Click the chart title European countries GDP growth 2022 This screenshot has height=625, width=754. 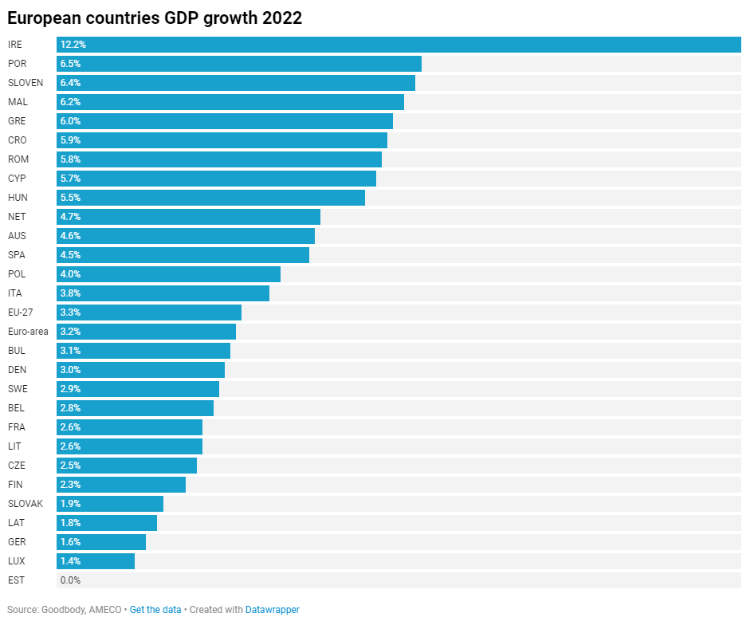(x=155, y=18)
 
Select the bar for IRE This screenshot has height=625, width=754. (x=399, y=45)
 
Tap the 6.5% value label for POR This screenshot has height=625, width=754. (x=70, y=64)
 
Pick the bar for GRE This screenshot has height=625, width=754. (x=225, y=121)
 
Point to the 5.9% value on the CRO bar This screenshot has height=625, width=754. (x=70, y=140)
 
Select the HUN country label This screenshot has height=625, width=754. (x=18, y=198)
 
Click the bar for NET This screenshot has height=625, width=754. (x=188, y=217)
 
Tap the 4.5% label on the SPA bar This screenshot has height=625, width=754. (x=70, y=255)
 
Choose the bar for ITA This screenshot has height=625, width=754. (x=163, y=293)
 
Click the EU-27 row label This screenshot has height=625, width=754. (x=20, y=312)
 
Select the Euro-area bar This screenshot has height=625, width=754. (x=146, y=332)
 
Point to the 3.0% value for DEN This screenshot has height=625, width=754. (x=70, y=370)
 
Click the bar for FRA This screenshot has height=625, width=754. (x=129, y=427)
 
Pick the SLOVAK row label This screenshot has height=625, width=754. (x=26, y=504)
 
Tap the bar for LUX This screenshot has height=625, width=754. (x=96, y=561)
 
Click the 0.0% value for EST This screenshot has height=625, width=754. (x=70, y=580)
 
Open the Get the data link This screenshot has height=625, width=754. (x=155, y=610)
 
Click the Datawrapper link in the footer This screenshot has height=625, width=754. (x=272, y=610)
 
